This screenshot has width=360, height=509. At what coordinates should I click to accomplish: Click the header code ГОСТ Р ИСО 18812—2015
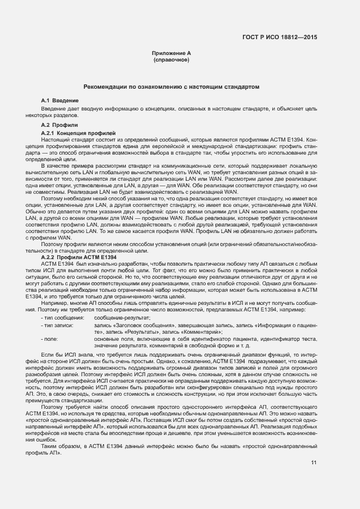[x=279, y=37]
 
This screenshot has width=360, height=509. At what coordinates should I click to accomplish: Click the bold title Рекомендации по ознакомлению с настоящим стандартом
[x=171, y=87]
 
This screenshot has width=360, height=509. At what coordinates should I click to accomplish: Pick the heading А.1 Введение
[x=60, y=101]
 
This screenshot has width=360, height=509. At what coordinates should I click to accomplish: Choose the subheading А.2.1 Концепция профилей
[x=78, y=133]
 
